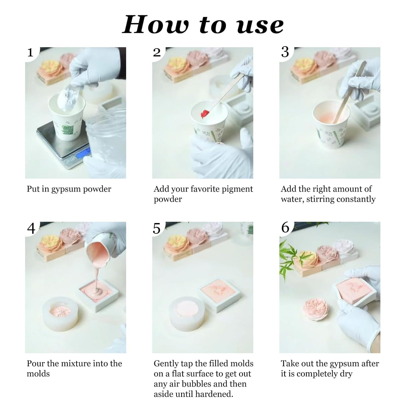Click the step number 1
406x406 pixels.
pos(30,52)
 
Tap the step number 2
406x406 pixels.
pos(157,52)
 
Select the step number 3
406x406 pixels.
pos(285,52)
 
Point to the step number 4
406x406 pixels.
pos(31,228)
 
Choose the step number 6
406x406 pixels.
pos(285,227)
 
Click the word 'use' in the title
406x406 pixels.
pos(260,26)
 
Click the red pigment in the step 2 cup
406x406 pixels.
pos(204,114)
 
